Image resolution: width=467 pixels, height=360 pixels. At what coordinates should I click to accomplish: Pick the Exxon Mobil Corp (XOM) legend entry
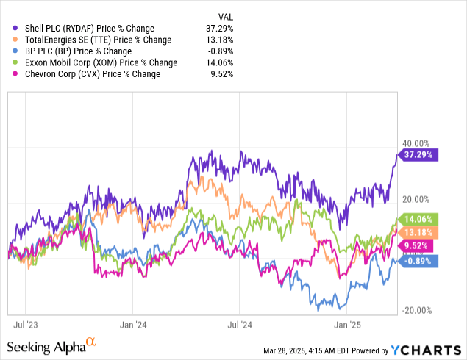96,62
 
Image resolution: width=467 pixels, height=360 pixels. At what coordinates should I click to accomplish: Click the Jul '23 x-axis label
24,323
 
